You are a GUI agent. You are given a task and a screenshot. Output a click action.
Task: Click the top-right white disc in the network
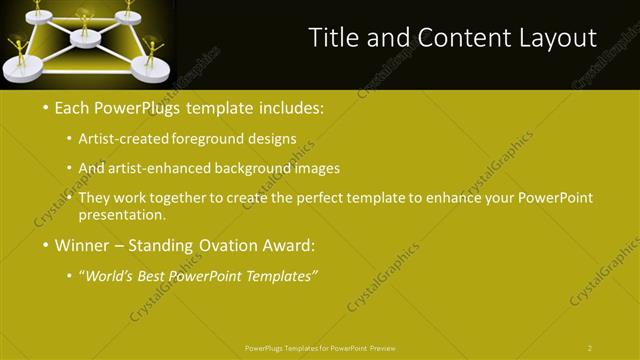pos(128,16)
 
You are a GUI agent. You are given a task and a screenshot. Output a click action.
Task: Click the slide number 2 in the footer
pos(590,348)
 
